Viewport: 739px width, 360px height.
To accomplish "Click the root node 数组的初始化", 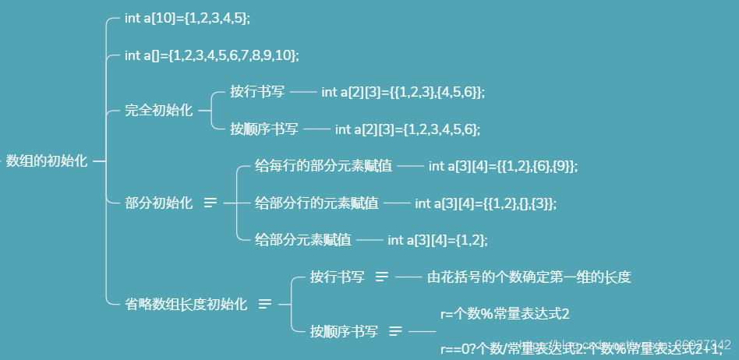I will coord(47,161).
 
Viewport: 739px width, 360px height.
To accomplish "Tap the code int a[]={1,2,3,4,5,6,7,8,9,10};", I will coord(211,55).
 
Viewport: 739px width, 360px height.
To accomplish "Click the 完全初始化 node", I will coord(158,110).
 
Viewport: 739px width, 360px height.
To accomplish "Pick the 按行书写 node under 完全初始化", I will coord(257,92).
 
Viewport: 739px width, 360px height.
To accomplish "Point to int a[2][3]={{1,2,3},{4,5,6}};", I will coord(402,92).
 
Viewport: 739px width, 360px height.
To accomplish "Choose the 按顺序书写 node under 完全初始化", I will coord(264,129).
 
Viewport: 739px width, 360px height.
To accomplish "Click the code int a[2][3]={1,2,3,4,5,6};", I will coord(407,129).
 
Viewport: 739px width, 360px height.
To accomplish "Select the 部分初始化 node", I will coord(158,203).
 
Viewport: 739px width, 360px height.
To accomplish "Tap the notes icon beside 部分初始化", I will coord(210,203).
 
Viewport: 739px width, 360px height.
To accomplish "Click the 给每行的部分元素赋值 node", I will coord(324,166).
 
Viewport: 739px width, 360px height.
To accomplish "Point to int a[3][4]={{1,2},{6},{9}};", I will coord(503,166).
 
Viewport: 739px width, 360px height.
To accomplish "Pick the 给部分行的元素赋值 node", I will coord(316,203).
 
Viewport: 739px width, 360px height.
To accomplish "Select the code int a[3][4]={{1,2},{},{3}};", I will coord(486,203).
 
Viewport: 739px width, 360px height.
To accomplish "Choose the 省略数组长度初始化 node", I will coord(186,304).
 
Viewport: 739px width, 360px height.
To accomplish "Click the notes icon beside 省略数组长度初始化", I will coord(265,304).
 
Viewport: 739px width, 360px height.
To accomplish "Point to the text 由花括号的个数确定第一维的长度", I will coord(529,277).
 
